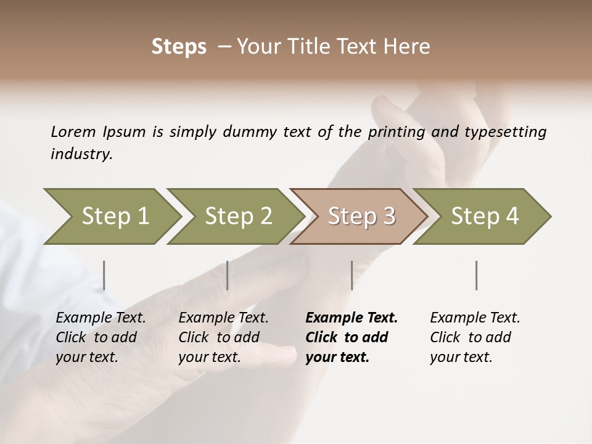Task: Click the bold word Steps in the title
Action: (x=179, y=47)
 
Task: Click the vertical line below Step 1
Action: (x=104, y=275)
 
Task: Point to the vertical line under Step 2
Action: (x=228, y=275)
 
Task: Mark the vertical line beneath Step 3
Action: (x=351, y=275)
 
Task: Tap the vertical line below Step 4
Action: (x=476, y=275)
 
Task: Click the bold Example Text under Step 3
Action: (x=351, y=318)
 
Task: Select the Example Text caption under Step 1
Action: (x=101, y=318)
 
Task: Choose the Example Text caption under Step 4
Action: (x=475, y=318)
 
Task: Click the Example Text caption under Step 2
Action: (x=223, y=318)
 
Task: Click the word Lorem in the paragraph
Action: (x=73, y=131)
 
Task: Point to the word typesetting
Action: (x=504, y=131)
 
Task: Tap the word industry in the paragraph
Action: (x=81, y=154)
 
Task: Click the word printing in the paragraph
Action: (x=397, y=131)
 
